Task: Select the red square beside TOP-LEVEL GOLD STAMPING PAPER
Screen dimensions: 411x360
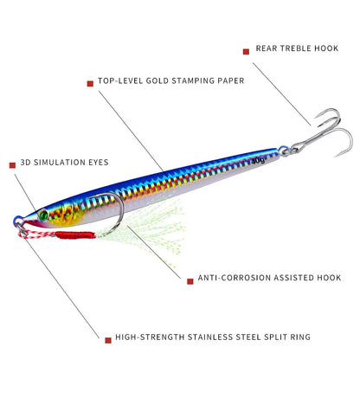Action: click(x=89, y=83)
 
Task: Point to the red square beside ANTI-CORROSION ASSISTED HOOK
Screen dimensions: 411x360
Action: click(x=189, y=279)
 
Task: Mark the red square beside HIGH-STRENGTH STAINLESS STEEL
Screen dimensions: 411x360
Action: click(x=107, y=339)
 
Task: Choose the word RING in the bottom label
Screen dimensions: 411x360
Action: click(x=299, y=339)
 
